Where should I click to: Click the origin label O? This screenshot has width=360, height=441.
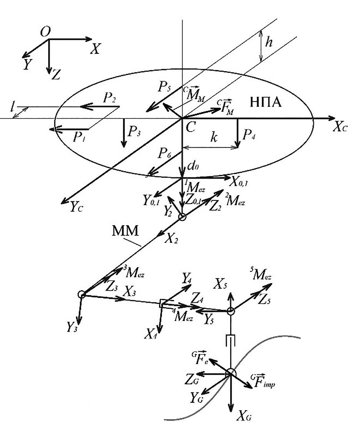point(46,33)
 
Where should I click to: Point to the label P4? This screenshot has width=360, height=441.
point(246,135)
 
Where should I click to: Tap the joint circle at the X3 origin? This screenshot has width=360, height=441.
point(81,294)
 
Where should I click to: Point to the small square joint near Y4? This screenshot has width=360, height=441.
point(163,304)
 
